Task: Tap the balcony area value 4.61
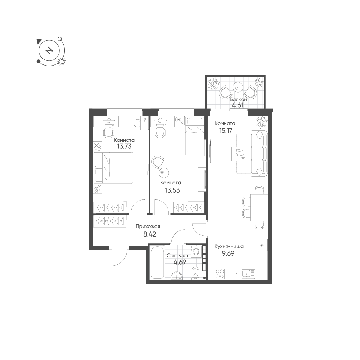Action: point(237,105)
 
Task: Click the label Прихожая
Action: point(148,226)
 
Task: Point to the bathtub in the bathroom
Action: point(157,262)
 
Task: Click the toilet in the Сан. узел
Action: point(195,273)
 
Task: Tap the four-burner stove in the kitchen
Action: point(219,274)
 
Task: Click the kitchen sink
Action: point(248,274)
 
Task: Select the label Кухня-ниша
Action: point(229,246)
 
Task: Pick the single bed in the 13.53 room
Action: point(194,136)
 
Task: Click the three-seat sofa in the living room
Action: point(259,153)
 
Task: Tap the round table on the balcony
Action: point(237,87)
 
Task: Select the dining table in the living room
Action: point(259,207)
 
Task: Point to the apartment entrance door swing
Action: point(120,257)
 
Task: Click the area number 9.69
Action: point(228,254)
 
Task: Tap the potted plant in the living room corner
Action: point(262,122)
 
